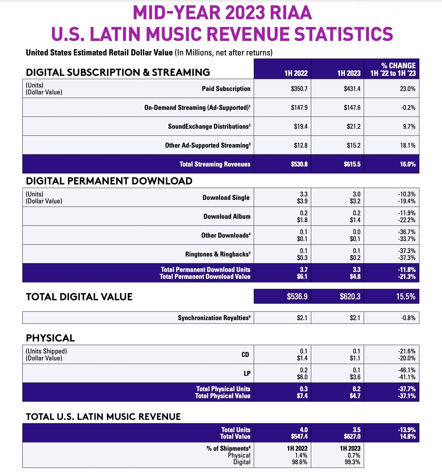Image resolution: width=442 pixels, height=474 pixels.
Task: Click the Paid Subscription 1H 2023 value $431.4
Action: click(x=352, y=89)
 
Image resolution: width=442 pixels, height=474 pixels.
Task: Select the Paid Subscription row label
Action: click(x=226, y=89)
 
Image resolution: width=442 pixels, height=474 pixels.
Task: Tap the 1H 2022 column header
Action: click(x=296, y=73)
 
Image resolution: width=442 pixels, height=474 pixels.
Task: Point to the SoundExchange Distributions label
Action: click(x=209, y=127)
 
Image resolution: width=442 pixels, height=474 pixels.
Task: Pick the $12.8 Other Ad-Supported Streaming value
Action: click(x=301, y=145)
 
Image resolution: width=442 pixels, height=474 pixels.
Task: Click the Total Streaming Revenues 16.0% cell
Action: click(x=408, y=164)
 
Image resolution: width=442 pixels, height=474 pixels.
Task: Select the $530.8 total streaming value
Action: click(x=299, y=164)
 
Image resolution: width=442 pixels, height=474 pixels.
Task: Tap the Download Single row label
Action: click(x=226, y=198)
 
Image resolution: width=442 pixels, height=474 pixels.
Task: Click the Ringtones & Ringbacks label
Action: click(x=218, y=254)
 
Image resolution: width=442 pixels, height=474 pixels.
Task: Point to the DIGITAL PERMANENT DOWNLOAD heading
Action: click(x=109, y=181)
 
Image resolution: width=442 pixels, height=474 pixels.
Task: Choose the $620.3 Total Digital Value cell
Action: click(x=350, y=296)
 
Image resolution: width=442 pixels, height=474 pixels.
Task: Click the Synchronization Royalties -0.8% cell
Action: click(x=408, y=318)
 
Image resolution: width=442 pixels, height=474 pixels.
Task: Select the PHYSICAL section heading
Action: click(x=50, y=338)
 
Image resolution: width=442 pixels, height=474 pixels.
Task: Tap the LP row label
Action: click(x=247, y=374)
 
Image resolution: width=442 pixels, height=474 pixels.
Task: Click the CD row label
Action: click(x=245, y=355)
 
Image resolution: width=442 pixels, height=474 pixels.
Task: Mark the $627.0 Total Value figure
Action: click(x=352, y=437)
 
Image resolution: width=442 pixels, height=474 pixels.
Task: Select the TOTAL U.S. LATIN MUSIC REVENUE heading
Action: click(x=103, y=417)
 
